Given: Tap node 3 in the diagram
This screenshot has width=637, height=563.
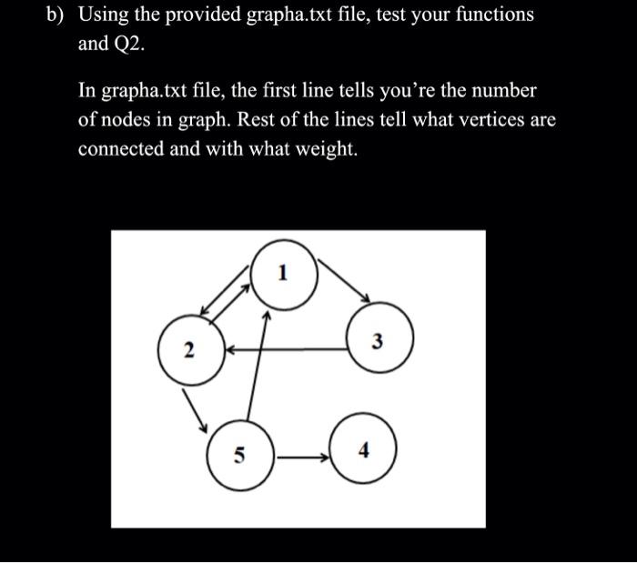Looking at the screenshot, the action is (379, 342).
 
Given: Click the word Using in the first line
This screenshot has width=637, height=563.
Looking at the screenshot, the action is (106, 16).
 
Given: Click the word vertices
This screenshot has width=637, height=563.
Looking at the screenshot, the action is (462, 119).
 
